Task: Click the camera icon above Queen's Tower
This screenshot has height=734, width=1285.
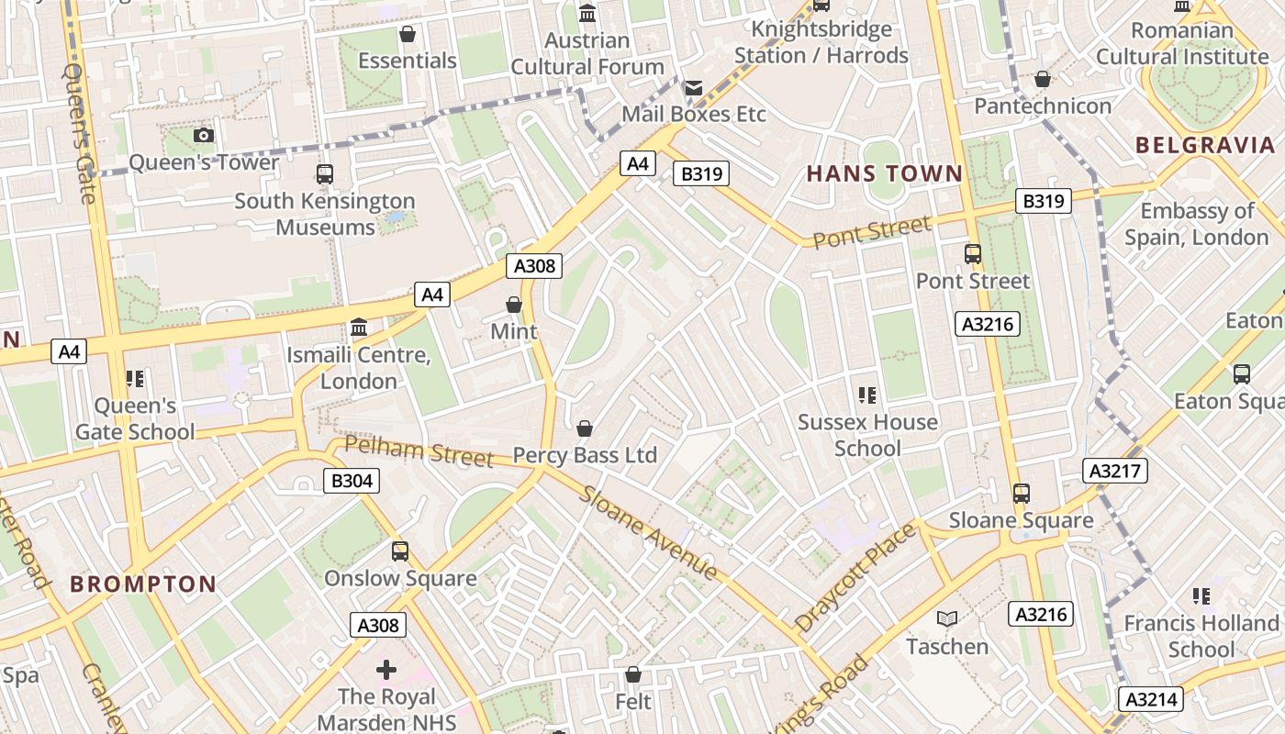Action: click(204, 136)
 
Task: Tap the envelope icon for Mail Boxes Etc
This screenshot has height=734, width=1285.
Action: click(693, 88)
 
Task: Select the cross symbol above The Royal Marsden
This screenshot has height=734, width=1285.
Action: click(386, 670)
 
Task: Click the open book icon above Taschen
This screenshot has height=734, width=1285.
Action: click(947, 619)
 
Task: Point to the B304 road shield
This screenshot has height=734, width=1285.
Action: click(352, 480)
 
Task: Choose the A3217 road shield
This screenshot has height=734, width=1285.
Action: click(1115, 471)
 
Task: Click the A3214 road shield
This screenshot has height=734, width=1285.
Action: click(1151, 699)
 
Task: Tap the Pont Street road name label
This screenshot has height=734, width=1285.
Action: click(872, 230)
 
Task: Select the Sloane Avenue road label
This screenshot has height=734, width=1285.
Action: click(648, 533)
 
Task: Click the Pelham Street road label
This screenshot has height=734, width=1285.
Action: click(419, 451)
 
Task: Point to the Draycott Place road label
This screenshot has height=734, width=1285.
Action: click(855, 577)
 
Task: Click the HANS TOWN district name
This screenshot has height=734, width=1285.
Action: click(885, 173)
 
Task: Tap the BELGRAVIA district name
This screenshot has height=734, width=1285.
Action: click(1205, 145)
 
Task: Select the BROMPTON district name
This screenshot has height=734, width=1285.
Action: click(143, 584)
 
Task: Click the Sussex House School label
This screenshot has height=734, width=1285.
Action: click(867, 435)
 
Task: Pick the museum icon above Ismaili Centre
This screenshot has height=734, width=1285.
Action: click(359, 328)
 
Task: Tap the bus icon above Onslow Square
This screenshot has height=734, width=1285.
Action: click(400, 551)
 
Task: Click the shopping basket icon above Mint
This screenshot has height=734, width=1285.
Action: click(514, 305)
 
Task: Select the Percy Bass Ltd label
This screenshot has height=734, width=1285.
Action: click(585, 455)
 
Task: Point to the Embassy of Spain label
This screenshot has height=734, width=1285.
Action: click(1197, 224)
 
